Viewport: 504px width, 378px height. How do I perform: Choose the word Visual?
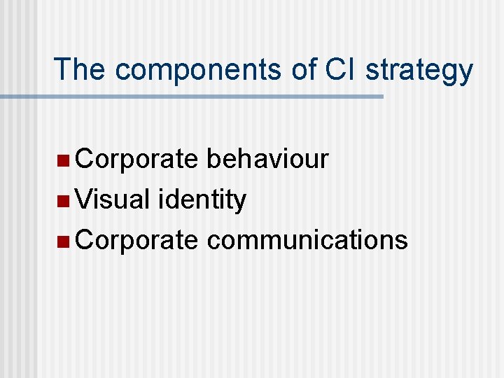[x=113, y=199]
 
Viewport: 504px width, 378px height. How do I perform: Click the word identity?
[x=202, y=201]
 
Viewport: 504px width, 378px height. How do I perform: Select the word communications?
[x=307, y=239]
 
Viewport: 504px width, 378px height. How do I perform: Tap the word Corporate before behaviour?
[x=136, y=160]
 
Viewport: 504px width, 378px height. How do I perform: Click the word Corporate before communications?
[x=136, y=239]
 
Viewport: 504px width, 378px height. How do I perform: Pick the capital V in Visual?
[x=85, y=199]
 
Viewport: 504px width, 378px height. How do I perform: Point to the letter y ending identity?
[x=239, y=203]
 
